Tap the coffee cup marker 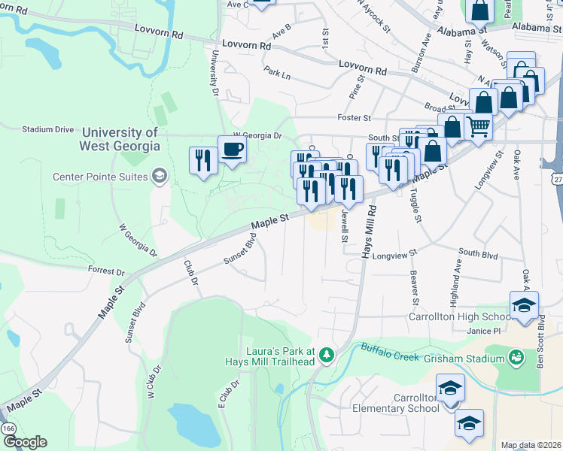(x=232, y=148)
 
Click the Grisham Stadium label (x=467, y=356)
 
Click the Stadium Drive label (x=48, y=129)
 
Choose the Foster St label (x=355, y=118)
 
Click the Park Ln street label (x=277, y=74)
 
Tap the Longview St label (x=394, y=254)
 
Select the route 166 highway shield (x=9, y=428)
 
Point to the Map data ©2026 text (x=530, y=445)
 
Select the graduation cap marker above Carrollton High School (x=524, y=304)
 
